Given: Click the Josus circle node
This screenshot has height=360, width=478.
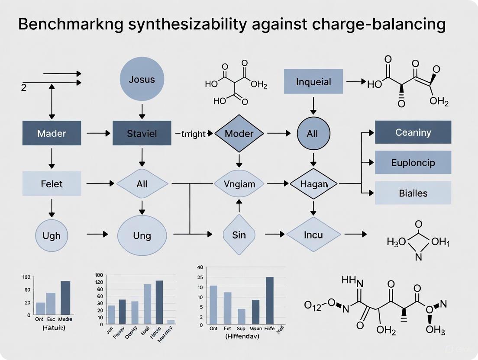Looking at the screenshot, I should pyautogui.click(x=142, y=80).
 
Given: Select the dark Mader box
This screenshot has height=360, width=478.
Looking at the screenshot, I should pyautogui.click(x=52, y=133).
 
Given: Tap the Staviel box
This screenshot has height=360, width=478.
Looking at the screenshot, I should pyautogui.click(x=142, y=133).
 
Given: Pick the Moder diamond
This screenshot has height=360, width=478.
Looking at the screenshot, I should pyautogui.click(x=239, y=133).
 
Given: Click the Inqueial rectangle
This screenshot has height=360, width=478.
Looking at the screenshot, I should pyautogui.click(x=313, y=81).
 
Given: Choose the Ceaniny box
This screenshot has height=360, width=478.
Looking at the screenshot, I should pyautogui.click(x=413, y=132).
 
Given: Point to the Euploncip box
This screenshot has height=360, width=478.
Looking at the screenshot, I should pyautogui.click(x=413, y=163).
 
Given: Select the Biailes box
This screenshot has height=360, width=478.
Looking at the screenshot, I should pyautogui.click(x=413, y=193).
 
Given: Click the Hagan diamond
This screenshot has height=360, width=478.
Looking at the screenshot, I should pyautogui.click(x=313, y=184).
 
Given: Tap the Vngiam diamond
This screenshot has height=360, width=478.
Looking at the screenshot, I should pyautogui.click(x=239, y=184).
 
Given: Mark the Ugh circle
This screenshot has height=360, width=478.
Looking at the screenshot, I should pyautogui.click(x=52, y=235).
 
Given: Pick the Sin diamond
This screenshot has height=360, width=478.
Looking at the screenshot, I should pyautogui.click(x=239, y=235).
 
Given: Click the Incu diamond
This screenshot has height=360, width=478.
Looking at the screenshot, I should pyautogui.click(x=313, y=235).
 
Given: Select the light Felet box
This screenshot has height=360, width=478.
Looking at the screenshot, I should pyautogui.click(x=52, y=183).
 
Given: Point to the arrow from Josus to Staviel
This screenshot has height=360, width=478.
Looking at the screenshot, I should pyautogui.click(x=142, y=111).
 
